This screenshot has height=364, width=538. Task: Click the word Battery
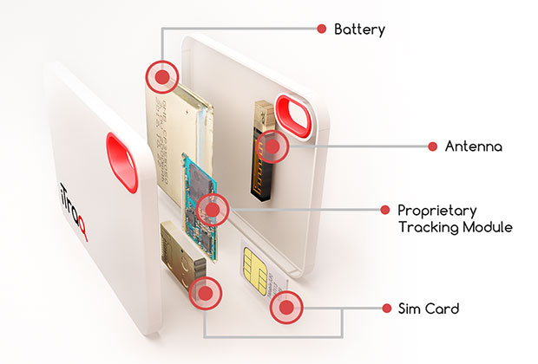359,29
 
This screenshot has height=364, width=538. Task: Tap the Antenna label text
473,146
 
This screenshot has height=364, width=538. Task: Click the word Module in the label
488,228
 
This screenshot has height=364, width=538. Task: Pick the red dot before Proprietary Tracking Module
384,210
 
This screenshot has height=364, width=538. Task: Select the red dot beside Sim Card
384,308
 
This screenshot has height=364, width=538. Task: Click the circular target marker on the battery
160,75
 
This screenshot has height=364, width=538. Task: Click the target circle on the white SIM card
285,308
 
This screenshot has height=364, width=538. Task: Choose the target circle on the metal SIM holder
205,293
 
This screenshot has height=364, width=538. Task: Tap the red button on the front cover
121,161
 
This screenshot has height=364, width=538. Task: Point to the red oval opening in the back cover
294,115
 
